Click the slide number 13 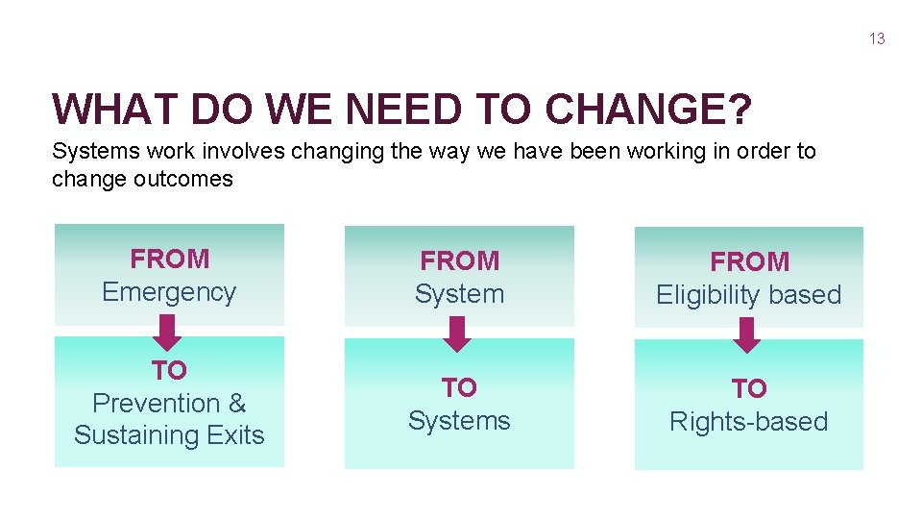pos(876,38)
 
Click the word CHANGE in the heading pos(646,111)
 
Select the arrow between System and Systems pos(459,334)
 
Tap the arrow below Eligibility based pos(748,335)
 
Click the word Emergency pos(169,292)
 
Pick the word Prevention pos(156,403)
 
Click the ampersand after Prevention pos(237,403)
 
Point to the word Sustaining pos(129,435)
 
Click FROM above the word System pos(459,261)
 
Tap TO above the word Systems pos(459,388)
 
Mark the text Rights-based pos(748,422)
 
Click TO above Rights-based pos(748,389)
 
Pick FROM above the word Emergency pos(169,259)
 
